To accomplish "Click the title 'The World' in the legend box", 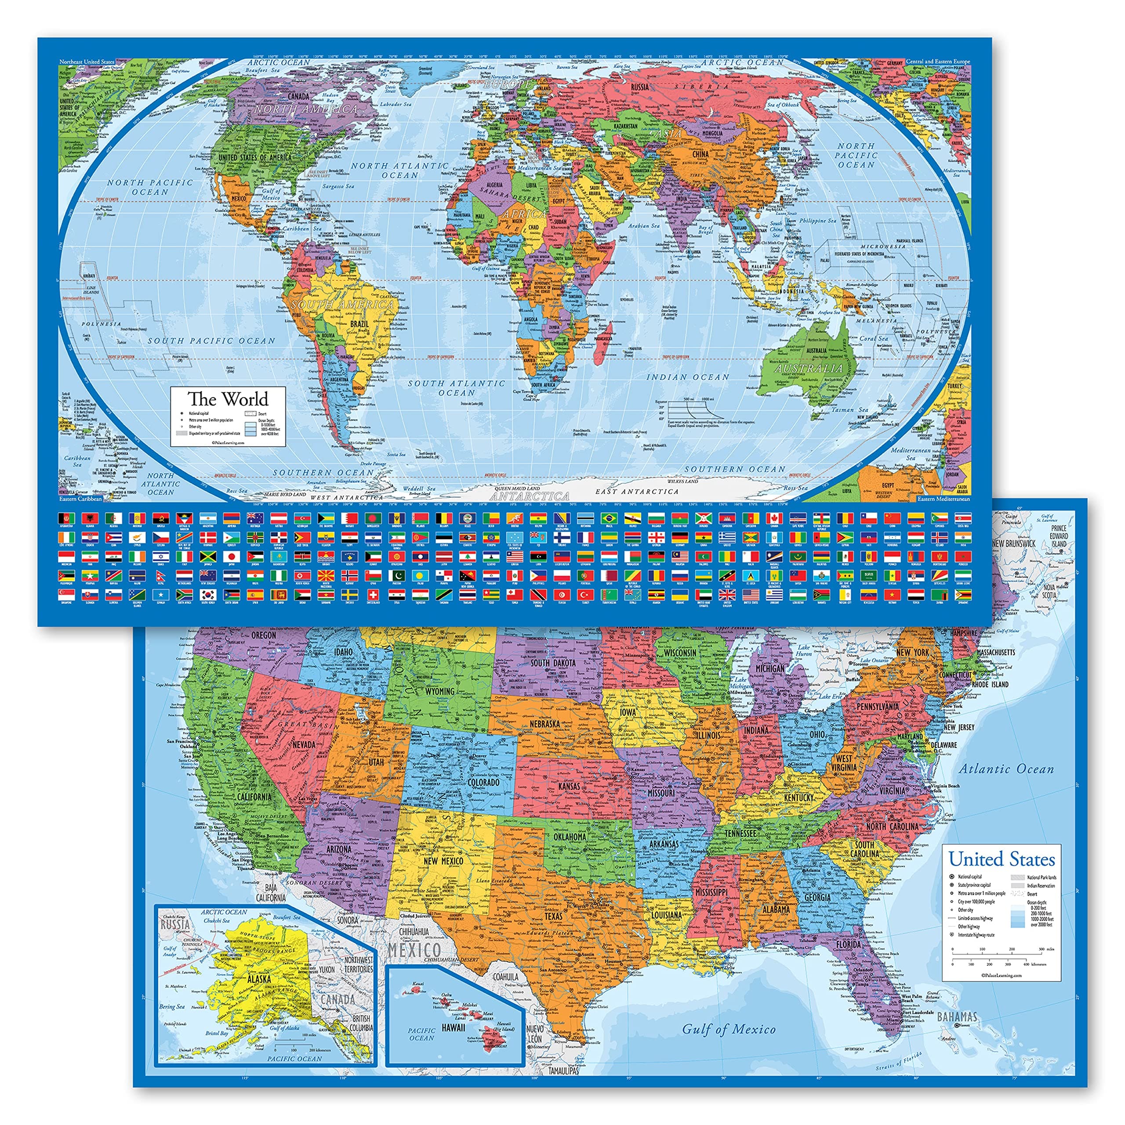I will pyautogui.click(x=228, y=399).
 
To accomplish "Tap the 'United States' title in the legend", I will pyautogui.click(x=1001, y=859).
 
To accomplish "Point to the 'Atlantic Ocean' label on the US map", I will pyautogui.click(x=1006, y=769).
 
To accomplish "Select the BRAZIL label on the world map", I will pyautogui.click(x=359, y=324).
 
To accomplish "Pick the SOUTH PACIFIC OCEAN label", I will pyautogui.click(x=211, y=341).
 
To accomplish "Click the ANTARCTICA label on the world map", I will pyautogui.click(x=529, y=496).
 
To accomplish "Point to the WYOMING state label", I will pyautogui.click(x=439, y=691).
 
